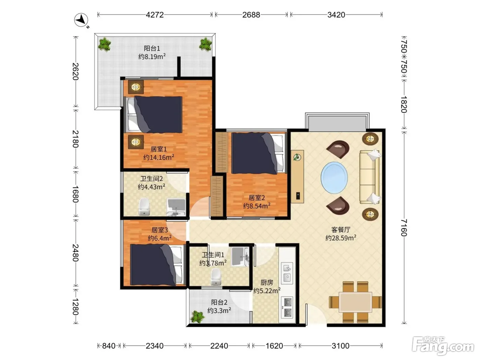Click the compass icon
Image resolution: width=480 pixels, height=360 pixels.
click(81, 20)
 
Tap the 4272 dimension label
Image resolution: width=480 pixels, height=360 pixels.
click(155, 15)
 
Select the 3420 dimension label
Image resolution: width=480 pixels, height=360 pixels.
click(336, 15)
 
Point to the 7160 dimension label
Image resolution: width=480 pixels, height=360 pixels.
click(404, 228)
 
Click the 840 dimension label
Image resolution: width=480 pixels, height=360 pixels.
click(109, 346)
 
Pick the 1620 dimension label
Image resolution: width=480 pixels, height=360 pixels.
click(274, 346)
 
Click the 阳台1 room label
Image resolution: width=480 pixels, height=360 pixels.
click(152, 48)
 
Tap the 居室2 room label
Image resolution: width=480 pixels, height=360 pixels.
click(256, 198)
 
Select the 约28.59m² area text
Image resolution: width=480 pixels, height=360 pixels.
click(341, 238)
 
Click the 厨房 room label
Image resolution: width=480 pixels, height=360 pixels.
click(267, 283)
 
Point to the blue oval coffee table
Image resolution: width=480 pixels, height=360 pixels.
click(334, 178)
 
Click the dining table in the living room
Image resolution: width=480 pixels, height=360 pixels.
click(355, 302)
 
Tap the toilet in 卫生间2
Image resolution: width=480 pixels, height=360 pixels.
click(144, 206)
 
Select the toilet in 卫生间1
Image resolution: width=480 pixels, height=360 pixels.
click(216, 277)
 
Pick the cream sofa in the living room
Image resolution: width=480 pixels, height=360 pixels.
click(370, 177)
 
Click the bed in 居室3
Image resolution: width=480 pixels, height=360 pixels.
click(156, 265)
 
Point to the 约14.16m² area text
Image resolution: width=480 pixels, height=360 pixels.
click(159, 157)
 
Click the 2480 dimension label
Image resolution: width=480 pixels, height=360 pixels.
click(75, 253)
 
